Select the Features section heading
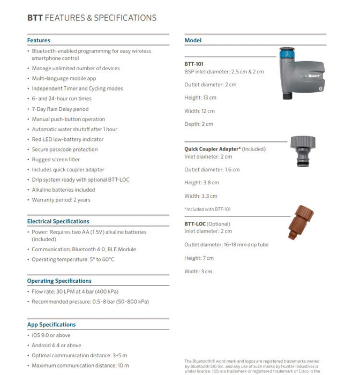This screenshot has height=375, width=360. pyautogui.click(x=39, y=40)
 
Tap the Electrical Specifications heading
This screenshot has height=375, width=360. pyautogui.click(x=58, y=221)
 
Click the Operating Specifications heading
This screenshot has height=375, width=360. pyautogui.click(x=59, y=281)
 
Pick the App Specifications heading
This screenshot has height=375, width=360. pyautogui.click(x=51, y=325)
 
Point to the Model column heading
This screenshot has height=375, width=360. pyautogui.click(x=193, y=40)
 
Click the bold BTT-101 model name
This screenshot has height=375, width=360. pyautogui.click(x=194, y=64)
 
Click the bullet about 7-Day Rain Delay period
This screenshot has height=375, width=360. pyautogui.click(x=60, y=109)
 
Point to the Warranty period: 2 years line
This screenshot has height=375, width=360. pyautogui.click(x=61, y=200)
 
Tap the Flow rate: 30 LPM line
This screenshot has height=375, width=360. pyautogui.click(x=75, y=291)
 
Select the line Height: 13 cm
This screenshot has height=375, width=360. pyautogui.click(x=200, y=97)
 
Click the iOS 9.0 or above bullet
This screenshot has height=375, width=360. pyautogui.click(x=51, y=335)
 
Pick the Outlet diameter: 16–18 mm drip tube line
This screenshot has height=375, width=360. pyautogui.click(x=226, y=245)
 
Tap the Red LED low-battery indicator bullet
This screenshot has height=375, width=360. pyautogui.click(x=67, y=139)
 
